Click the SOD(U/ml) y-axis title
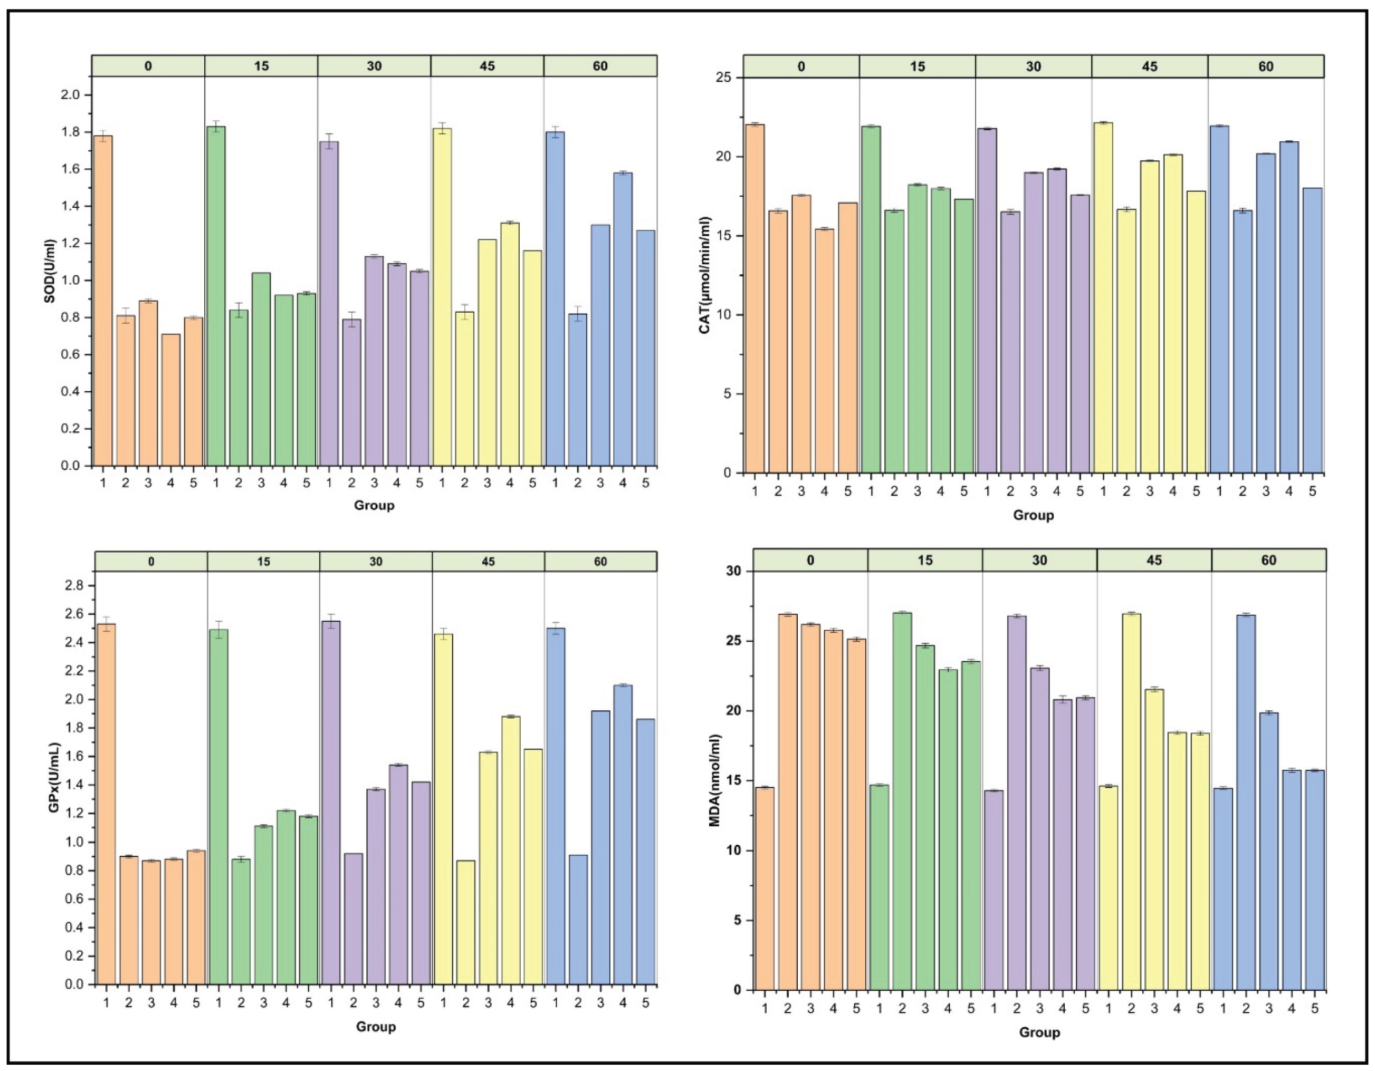click(x=50, y=271)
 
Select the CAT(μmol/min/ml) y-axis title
click(x=705, y=275)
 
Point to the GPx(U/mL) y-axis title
click(x=54, y=778)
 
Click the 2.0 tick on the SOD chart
click(x=73, y=95)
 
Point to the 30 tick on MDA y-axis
click(x=733, y=571)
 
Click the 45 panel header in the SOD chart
click(x=488, y=66)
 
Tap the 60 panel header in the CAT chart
click(x=1266, y=66)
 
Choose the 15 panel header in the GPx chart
click(x=263, y=561)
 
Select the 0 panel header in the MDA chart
click(x=810, y=560)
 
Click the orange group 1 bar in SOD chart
click(x=102, y=301)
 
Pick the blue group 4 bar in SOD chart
click(x=623, y=319)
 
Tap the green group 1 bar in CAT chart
click(x=871, y=300)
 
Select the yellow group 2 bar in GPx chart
click(x=466, y=922)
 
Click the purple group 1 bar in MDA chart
click(x=994, y=891)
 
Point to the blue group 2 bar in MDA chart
click(x=1246, y=803)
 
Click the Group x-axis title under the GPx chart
click(x=376, y=1027)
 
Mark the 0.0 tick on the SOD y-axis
click(x=73, y=466)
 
